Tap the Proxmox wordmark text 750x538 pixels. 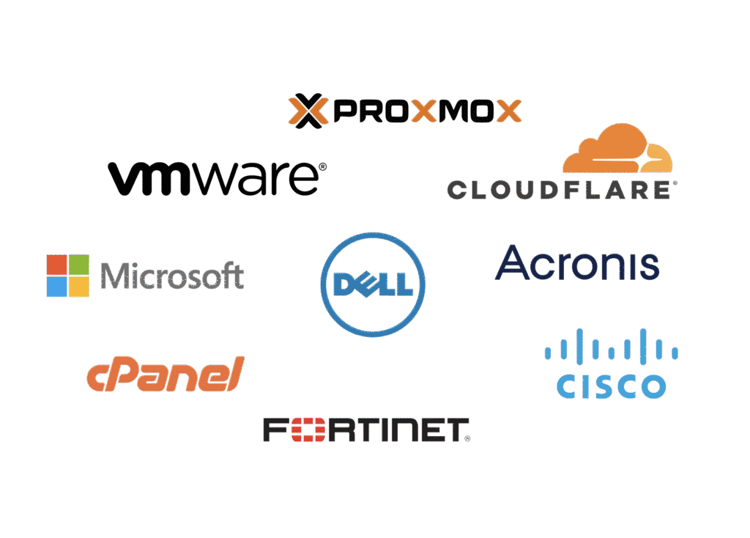coord(424,111)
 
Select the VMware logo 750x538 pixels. coord(217,178)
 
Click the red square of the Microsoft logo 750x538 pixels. coord(56,264)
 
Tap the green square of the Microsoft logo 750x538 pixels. coord(79,264)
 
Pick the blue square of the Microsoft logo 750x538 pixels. coord(56,287)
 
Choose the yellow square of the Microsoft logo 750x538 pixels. coord(79,287)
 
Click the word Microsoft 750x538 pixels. coord(172,276)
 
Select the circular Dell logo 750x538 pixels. coord(373,284)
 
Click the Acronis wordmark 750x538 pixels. coord(577,264)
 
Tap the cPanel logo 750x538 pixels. coord(165,375)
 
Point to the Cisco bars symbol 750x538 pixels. coord(611,344)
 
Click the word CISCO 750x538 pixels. coord(611,386)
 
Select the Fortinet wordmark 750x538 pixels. coord(366,430)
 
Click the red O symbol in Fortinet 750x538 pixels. coord(302,430)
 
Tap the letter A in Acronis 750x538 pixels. coord(513,263)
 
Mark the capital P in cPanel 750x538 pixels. coord(122,375)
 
